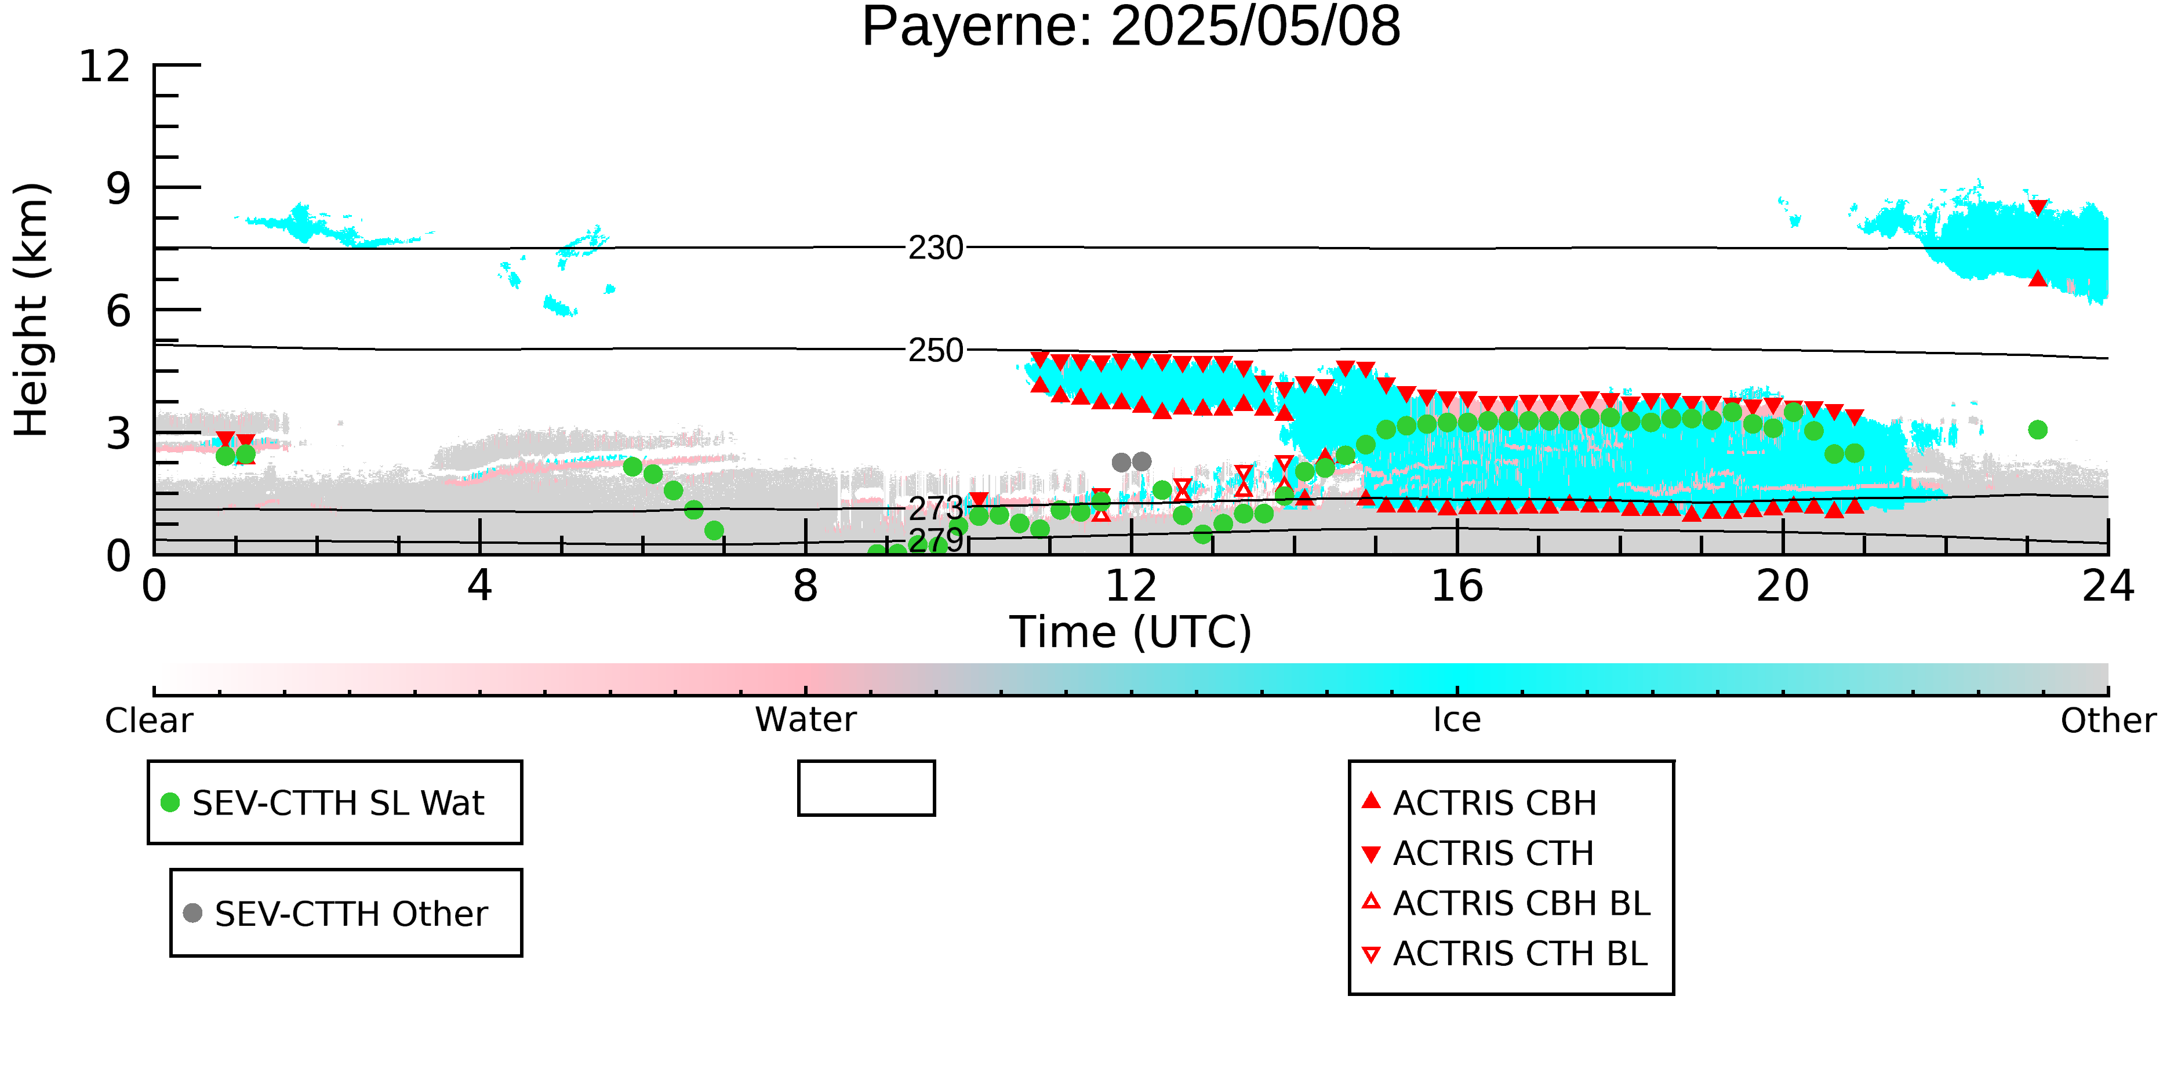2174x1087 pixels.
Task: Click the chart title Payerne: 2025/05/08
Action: point(1131,27)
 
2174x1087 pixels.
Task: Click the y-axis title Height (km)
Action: point(31,310)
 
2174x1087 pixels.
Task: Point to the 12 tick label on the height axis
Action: point(105,66)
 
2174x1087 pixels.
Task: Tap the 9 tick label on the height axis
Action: point(119,188)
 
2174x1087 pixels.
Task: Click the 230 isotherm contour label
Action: point(936,248)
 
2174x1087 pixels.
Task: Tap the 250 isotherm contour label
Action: point(936,350)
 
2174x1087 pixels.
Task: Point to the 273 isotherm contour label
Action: point(936,508)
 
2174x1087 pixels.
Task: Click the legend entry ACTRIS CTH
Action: point(1478,853)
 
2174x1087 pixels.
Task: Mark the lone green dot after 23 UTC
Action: point(2037,430)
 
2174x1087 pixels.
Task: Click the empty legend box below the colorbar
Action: point(866,762)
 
